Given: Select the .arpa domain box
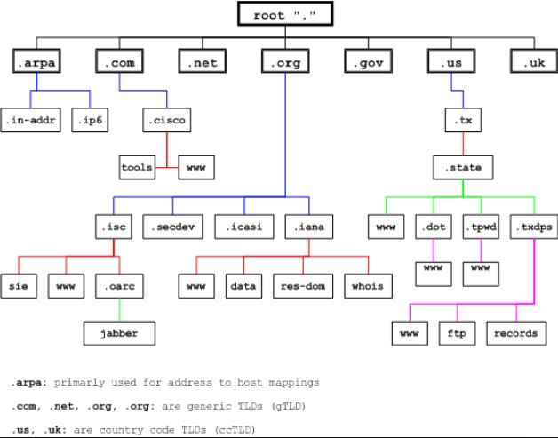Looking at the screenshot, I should [36, 63].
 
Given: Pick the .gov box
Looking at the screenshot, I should [369, 63].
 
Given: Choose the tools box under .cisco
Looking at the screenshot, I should [137, 165].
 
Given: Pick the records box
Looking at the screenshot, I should [515, 333].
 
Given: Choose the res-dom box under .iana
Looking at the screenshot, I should [303, 287].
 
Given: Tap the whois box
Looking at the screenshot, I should [368, 287].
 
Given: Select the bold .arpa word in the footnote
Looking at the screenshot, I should [28, 383].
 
